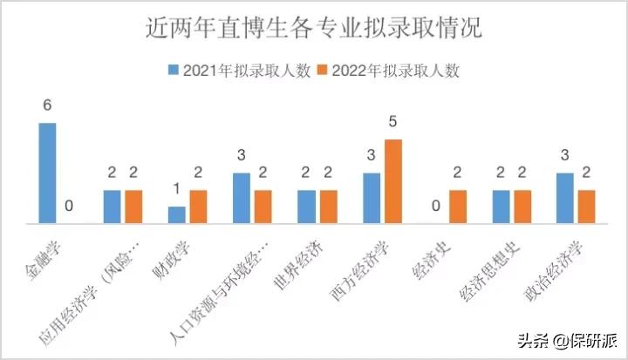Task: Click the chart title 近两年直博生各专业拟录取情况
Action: coord(313,29)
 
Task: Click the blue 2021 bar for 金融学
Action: coord(47,173)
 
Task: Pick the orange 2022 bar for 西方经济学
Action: coord(393,181)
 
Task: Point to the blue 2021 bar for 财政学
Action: coord(177,215)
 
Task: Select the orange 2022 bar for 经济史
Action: coord(458,207)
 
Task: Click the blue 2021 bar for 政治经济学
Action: coord(564,199)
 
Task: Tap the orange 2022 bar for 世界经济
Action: coord(328,207)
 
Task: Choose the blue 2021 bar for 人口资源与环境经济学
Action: coord(242,199)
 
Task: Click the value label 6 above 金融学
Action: coord(47,105)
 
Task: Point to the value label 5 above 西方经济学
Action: coord(393,121)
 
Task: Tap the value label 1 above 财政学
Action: coord(177,189)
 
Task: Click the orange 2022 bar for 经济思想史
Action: coord(522,207)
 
